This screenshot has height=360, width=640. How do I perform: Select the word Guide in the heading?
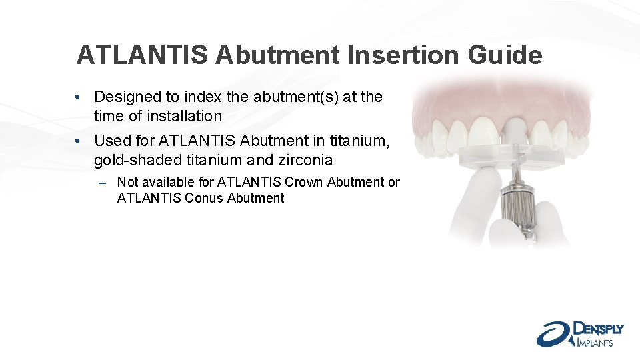pos(505,55)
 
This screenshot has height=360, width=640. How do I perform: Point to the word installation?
pos(177,116)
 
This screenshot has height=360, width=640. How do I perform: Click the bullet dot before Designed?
pos(79,97)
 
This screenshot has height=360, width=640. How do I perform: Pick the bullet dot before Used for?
pos(79,141)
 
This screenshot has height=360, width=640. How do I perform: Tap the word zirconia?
pos(304,160)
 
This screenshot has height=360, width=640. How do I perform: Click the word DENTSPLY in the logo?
pos(598,329)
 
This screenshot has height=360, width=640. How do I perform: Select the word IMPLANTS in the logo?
pos(594,343)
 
